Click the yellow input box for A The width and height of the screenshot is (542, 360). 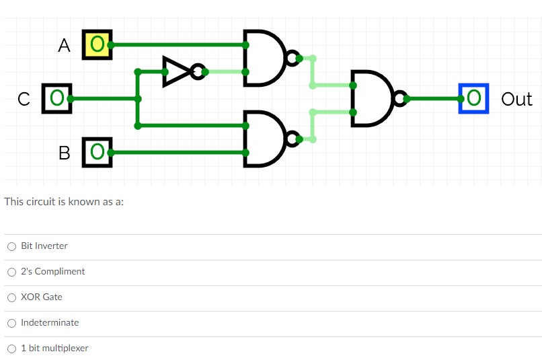[x=97, y=44]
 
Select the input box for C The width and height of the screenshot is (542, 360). [x=56, y=99]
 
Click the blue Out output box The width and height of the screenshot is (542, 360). [x=473, y=99]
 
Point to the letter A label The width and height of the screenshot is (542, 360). [x=64, y=46]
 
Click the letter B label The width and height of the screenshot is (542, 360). [x=64, y=152]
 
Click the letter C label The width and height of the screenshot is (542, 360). [x=24, y=100]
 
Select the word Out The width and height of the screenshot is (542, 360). [x=516, y=100]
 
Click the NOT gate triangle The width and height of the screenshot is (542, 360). [x=176, y=71]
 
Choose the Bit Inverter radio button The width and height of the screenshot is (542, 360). [x=11, y=246]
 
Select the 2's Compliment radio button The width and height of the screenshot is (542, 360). [x=11, y=272]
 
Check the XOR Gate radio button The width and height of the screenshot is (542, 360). [x=11, y=297]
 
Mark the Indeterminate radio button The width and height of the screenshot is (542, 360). [x=11, y=323]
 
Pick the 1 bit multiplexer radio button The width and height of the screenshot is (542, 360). [x=11, y=349]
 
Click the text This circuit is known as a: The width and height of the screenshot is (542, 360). [x=64, y=201]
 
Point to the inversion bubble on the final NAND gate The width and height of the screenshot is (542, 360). [x=401, y=100]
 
